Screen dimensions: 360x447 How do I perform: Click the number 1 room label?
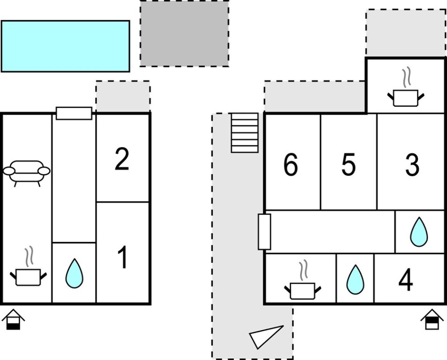pos(122,258)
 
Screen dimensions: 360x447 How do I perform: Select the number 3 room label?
pos(412,165)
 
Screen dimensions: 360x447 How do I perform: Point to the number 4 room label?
pos(406,281)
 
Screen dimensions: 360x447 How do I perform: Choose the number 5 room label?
pos(348,165)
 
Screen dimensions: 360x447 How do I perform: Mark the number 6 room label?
pos(291,165)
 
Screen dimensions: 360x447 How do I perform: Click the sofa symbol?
pos(27,172)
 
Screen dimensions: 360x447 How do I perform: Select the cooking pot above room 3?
pos(406,94)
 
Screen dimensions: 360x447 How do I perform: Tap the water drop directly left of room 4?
pos(355,279)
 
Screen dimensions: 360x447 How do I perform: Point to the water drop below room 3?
pos(419,232)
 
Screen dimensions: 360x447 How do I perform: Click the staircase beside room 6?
pos(245,133)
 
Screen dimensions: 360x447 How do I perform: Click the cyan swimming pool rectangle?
pos(65,46)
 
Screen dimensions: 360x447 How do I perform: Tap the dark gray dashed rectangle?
pos(184,33)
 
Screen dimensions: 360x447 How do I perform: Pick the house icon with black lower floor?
pos(13,320)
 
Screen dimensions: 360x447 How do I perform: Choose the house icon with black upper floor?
pos(432,320)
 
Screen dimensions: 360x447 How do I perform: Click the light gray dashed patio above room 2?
pos(123,96)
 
